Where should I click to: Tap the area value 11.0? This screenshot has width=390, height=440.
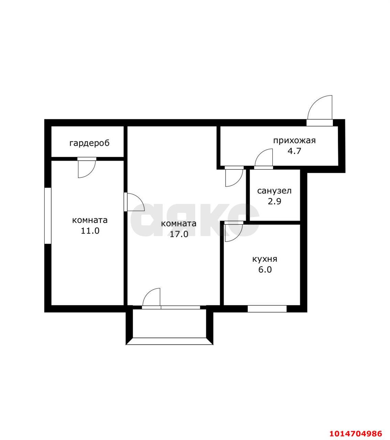90,231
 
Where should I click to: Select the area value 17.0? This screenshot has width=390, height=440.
179,234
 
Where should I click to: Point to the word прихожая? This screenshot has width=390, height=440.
294,141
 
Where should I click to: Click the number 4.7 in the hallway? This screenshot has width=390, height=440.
294,151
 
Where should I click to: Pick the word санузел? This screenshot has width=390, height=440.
274,191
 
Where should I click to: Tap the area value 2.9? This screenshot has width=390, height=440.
274,201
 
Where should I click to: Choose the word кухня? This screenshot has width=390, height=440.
264,259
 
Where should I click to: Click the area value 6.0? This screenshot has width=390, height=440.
265,269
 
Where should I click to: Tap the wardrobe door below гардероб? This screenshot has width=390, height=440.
87,167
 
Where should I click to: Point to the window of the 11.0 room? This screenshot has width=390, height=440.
48,216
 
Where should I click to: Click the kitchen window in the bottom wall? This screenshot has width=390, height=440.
267,309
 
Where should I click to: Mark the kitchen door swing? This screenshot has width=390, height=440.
234,231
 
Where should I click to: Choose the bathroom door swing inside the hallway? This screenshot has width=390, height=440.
263,159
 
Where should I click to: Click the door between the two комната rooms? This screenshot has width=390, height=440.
134,202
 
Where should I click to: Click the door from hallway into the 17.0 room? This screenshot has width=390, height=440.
234,176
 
